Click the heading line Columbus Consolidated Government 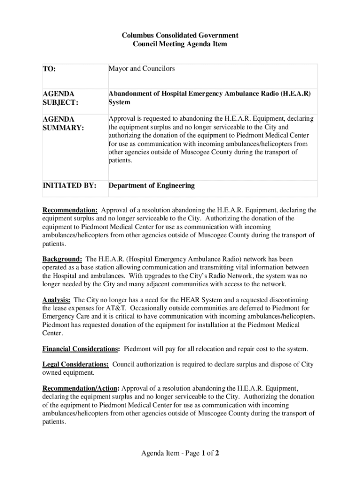click(x=180, y=35)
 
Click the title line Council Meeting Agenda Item click(x=180, y=44)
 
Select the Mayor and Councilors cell click(x=142, y=69)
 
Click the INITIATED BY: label click(x=70, y=186)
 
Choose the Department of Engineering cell click(x=151, y=186)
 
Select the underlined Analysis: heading click(x=57, y=299)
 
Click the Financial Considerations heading click(x=80, y=348)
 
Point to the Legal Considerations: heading click(x=76, y=364)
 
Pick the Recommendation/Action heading click(x=81, y=388)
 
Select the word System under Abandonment click(x=119, y=102)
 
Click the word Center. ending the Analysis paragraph click(x=52, y=333)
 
